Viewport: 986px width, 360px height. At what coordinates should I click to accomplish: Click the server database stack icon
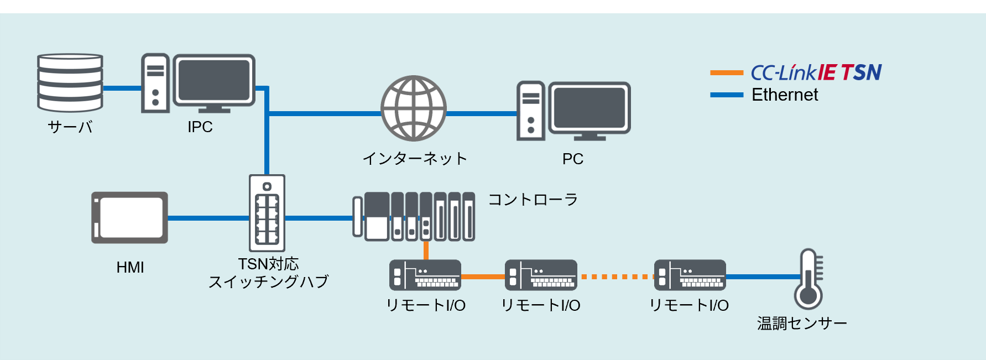coord(70,83)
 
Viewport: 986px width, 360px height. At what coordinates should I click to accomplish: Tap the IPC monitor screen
coord(214,80)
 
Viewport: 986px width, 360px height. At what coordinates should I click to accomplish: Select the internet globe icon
coord(414,108)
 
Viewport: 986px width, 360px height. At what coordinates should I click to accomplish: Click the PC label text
coord(573,159)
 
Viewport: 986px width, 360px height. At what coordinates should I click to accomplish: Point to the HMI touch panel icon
coord(130,217)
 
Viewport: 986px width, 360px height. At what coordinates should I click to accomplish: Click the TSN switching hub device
coord(267,213)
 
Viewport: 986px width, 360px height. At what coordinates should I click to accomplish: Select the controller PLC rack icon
coord(414,216)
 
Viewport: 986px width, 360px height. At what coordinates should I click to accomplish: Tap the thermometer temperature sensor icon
coord(808,279)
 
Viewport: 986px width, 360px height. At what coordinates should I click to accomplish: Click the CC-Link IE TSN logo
coord(816,72)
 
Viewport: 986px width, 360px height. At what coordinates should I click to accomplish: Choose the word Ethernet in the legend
coord(784,95)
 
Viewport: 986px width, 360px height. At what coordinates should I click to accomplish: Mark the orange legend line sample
coord(727,72)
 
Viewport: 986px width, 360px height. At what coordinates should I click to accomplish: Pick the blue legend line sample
coord(727,95)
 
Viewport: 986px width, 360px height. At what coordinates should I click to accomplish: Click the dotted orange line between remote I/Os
coord(615,276)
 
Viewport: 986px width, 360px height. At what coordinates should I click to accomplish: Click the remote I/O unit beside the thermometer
coord(690,275)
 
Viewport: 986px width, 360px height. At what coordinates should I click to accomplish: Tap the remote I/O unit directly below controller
coord(425,275)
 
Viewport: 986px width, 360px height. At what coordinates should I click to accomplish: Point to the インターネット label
coord(415,159)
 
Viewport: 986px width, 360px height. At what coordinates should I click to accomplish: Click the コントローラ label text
coord(533,200)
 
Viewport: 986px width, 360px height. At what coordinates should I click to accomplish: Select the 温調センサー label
coord(802,324)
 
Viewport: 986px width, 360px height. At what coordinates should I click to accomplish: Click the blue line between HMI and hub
coord(208,218)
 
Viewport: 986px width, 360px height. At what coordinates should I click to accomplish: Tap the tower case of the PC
coord(530,111)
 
